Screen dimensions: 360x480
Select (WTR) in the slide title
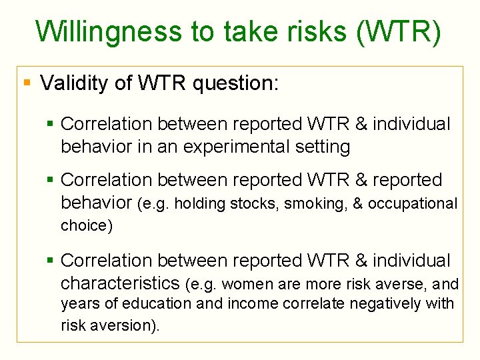[x=399, y=32]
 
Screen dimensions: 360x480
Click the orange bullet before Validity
[x=27, y=83]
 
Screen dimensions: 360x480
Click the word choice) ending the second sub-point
[x=87, y=225]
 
